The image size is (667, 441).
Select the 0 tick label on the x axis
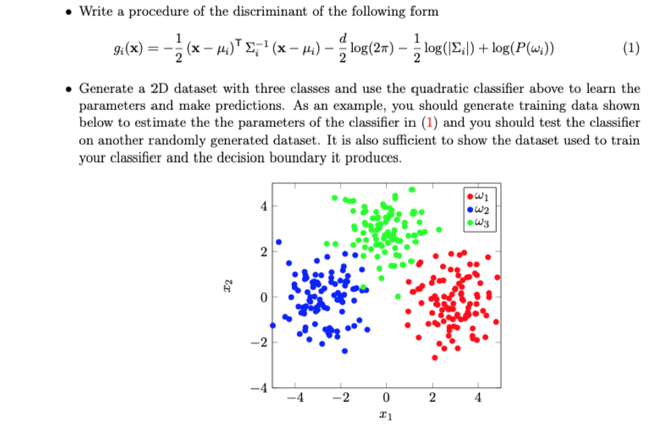387,398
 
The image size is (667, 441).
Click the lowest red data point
434,357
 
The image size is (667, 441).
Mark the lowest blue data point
345,351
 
